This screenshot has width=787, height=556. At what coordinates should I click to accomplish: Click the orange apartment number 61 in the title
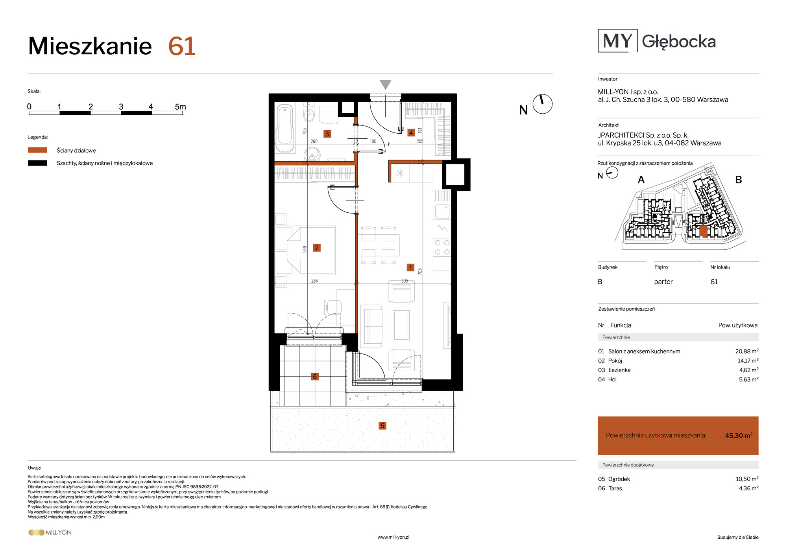(x=182, y=46)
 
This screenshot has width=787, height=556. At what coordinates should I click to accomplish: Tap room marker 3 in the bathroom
(x=327, y=134)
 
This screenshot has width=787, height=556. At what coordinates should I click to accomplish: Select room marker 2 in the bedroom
(x=317, y=248)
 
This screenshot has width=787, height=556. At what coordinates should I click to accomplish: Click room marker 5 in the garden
(x=382, y=425)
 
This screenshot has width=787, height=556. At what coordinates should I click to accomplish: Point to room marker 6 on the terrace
(x=314, y=376)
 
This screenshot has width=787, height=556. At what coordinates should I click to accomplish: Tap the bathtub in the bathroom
(x=285, y=128)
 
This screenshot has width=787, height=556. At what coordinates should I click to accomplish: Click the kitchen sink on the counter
(x=442, y=211)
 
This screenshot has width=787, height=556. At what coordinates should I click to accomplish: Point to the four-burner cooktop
(x=442, y=247)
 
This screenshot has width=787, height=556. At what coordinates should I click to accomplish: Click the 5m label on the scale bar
(x=180, y=107)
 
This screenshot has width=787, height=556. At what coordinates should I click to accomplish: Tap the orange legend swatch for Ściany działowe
(x=37, y=150)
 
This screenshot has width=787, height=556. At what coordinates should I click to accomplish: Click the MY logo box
(x=617, y=41)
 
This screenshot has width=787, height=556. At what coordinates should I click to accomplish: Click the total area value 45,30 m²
(x=739, y=435)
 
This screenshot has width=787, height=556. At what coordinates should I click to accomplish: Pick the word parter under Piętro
(x=663, y=282)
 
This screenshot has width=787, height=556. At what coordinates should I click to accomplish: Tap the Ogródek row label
(x=619, y=479)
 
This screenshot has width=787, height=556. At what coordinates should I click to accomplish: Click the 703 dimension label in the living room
(x=420, y=271)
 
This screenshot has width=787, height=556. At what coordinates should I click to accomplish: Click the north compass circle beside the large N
(x=543, y=104)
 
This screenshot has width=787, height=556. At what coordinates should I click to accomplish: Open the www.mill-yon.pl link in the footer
(x=393, y=537)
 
